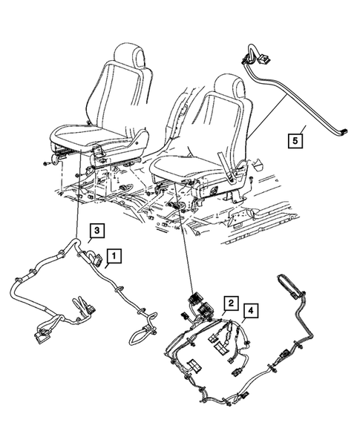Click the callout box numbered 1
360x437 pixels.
(x=114, y=257)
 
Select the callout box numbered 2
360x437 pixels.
(x=232, y=303)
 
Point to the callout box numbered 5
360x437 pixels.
(x=295, y=139)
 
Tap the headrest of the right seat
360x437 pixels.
(x=232, y=88)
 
